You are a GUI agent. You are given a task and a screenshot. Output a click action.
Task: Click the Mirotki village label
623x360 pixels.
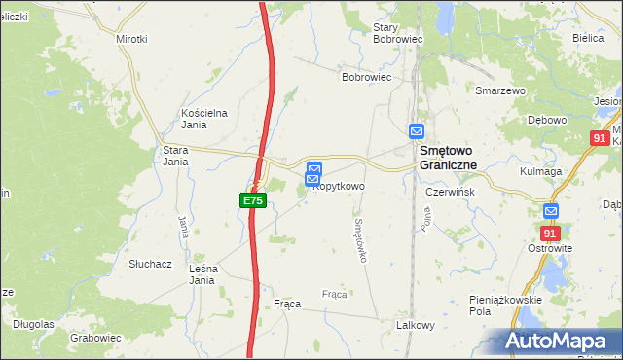pyautogui.click(x=131, y=39)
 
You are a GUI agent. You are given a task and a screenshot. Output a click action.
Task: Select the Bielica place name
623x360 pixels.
pyautogui.click(x=589, y=38)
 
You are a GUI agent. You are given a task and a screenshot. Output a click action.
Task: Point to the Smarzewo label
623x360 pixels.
pyautogui.click(x=500, y=90)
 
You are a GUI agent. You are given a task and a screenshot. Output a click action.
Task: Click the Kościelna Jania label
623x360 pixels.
pyautogui.click(x=204, y=119)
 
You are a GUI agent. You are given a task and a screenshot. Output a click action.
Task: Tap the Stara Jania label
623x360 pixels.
pyautogui.click(x=175, y=156)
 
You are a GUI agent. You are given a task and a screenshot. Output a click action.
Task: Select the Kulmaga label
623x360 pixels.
pyautogui.click(x=541, y=171)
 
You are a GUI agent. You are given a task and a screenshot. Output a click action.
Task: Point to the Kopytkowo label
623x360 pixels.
pyautogui.click(x=338, y=186)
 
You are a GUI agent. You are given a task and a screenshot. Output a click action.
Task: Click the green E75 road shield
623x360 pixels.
pyautogui.click(x=252, y=200)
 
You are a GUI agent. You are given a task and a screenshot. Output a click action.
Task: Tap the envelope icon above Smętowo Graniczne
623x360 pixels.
pyautogui.click(x=417, y=131)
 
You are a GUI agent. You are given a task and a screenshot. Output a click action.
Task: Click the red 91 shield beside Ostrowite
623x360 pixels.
pyautogui.click(x=551, y=234)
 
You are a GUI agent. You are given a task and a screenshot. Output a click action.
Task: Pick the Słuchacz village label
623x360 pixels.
pyautogui.click(x=151, y=264)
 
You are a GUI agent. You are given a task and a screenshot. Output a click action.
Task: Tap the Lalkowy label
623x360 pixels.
pyautogui.click(x=414, y=326)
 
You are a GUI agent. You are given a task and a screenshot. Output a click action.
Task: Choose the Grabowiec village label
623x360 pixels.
pyautogui.click(x=95, y=338)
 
